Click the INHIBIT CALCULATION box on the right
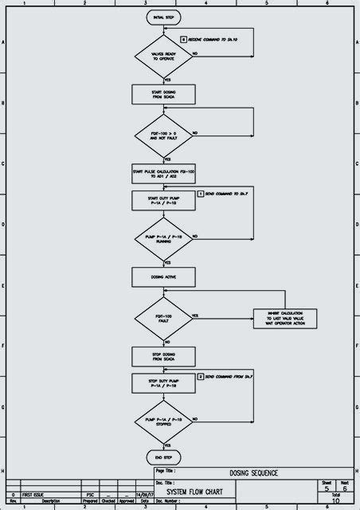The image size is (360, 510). tap(285, 317)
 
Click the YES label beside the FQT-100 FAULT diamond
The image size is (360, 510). tap(195, 315)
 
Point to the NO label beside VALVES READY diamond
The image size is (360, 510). tap(195, 53)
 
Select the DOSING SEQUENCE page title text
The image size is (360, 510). tap(254, 473)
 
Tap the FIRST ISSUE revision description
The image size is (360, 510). tap(34, 494)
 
